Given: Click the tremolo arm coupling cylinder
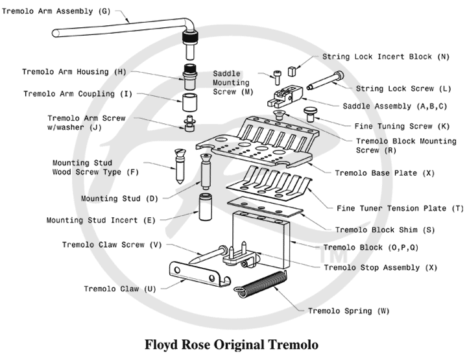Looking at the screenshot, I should click(x=189, y=102).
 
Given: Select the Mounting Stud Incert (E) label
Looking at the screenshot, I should click(x=101, y=221).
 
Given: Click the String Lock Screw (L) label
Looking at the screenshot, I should click(x=394, y=88).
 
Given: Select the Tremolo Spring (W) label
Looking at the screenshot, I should click(x=348, y=311).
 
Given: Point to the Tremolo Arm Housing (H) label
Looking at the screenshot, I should click(x=74, y=71).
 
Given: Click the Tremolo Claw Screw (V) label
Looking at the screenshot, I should click(x=112, y=245).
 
